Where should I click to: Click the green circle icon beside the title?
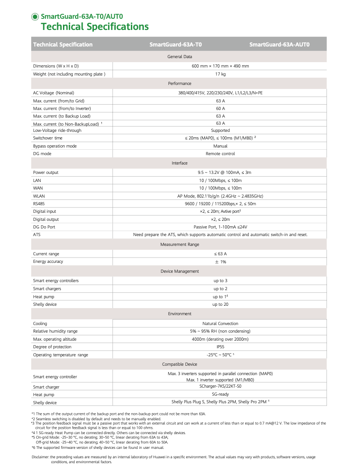pos(35,17)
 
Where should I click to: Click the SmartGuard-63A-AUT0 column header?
pos(279,44)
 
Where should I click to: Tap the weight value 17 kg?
pos(220,74)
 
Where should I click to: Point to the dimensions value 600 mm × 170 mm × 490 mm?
pos(220,66)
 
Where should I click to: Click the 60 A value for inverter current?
pos(220,108)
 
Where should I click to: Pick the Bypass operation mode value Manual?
pos(220,146)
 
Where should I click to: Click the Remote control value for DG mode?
pos(220,153)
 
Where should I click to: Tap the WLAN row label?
pos(39,196)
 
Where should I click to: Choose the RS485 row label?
pos(39,203)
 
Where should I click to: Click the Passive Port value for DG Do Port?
pos(220,227)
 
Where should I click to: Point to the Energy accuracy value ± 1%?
pos(220,262)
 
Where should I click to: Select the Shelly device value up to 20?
pos(220,304)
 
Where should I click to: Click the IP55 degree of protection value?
pos(220,347)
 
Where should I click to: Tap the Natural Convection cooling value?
pos(220,323)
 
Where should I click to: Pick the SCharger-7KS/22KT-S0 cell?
pos(220,387)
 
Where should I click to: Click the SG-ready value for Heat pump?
pos(220,394)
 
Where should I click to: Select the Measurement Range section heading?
pos(180,244)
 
